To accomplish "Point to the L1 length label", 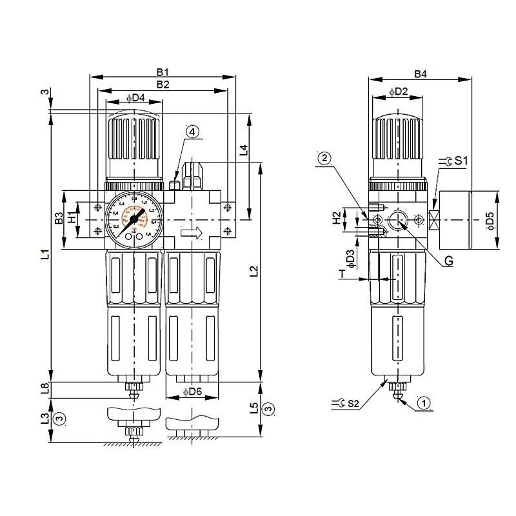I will [x=44, y=255].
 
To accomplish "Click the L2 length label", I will [x=253, y=272].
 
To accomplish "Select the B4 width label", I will [x=421, y=74].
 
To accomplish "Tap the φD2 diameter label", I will [x=399, y=92].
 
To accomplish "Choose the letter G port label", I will [x=447, y=261].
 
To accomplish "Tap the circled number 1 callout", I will [x=423, y=404].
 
